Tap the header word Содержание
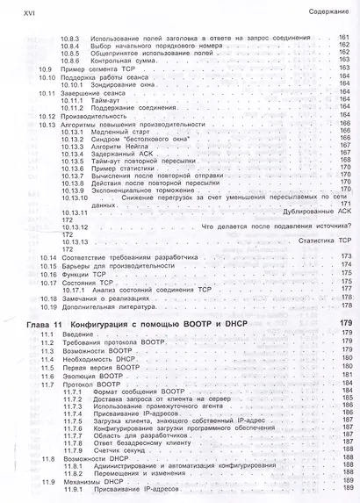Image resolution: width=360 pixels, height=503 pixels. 330,11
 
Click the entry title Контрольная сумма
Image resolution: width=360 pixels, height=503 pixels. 119,60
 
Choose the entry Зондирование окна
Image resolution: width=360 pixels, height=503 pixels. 122,84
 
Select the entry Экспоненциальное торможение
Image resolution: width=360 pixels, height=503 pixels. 139,187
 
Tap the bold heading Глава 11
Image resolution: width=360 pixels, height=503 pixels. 40,325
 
